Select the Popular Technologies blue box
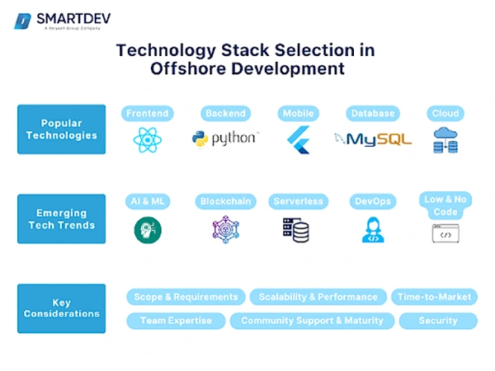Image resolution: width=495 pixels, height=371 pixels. (61, 129)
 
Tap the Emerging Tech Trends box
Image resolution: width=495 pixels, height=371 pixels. (61, 218)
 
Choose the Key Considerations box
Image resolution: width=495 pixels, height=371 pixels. (61, 308)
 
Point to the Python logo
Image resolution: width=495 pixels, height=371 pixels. (224, 139)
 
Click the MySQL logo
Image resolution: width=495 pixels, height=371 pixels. (373, 139)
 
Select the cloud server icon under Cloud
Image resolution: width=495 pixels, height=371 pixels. (445, 140)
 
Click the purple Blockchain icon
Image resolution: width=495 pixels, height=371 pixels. (224, 230)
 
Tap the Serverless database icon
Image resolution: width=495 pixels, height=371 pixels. (297, 230)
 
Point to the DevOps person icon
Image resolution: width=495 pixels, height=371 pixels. (372, 230)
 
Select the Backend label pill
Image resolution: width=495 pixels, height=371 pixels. (225, 113)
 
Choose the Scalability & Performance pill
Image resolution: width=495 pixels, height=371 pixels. (318, 297)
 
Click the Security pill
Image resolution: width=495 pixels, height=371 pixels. (437, 321)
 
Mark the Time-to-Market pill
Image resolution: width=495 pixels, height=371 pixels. (434, 297)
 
